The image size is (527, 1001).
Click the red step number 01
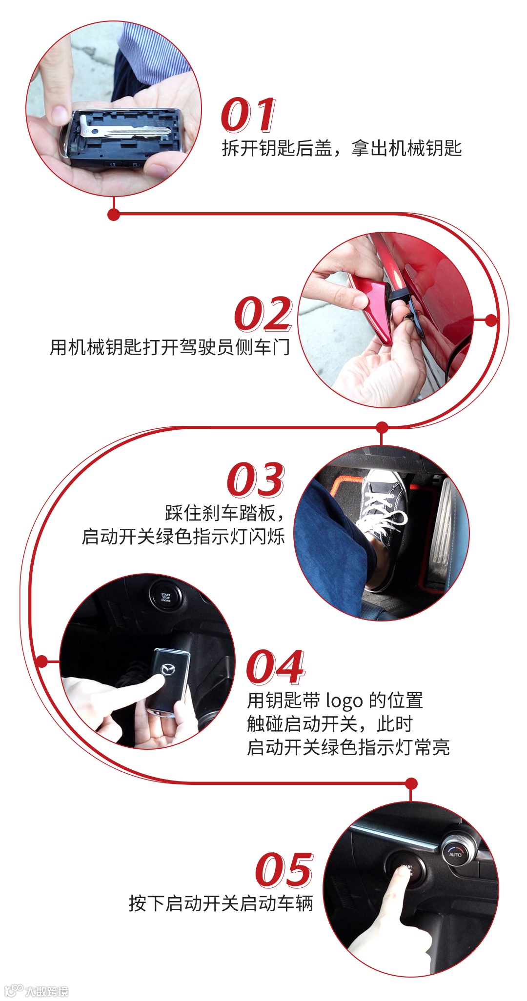(x=249, y=115)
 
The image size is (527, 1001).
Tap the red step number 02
(x=263, y=314)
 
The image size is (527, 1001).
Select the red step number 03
(x=256, y=480)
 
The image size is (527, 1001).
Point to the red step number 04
(x=276, y=667)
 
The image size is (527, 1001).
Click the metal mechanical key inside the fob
(x=124, y=131)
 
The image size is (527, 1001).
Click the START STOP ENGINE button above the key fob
(x=166, y=597)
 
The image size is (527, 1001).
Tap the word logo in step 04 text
(x=344, y=701)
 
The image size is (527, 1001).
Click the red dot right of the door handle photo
(x=491, y=320)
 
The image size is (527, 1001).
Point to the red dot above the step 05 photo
(x=411, y=783)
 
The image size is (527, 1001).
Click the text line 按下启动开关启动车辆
(x=221, y=903)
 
